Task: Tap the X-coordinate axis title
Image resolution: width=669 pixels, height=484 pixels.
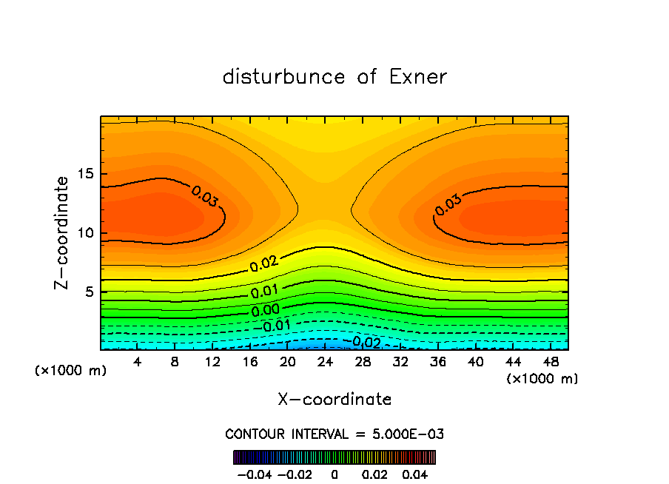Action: [334, 400]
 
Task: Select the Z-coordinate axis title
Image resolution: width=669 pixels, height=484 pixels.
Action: [63, 232]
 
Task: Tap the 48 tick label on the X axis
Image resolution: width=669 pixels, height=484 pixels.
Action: [551, 362]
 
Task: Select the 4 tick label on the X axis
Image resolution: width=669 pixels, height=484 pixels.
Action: [138, 362]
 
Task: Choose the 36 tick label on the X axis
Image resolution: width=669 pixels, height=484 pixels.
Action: [437, 362]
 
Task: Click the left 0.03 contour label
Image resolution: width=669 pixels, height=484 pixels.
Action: [205, 197]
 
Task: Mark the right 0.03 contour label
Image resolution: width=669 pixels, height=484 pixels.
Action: [448, 205]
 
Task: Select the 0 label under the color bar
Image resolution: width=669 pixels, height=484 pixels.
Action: [334, 474]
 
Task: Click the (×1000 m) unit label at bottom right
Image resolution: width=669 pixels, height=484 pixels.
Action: [542, 379]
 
